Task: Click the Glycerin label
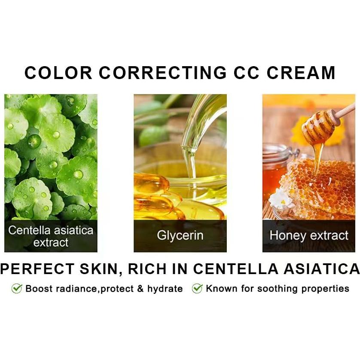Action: (x=180, y=235)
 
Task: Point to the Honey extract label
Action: (x=308, y=235)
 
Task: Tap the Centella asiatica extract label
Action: (x=51, y=236)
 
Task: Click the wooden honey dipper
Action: (x=324, y=125)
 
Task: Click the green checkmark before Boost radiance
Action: (x=17, y=288)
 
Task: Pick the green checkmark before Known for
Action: (x=197, y=288)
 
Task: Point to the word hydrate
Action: (x=165, y=289)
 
